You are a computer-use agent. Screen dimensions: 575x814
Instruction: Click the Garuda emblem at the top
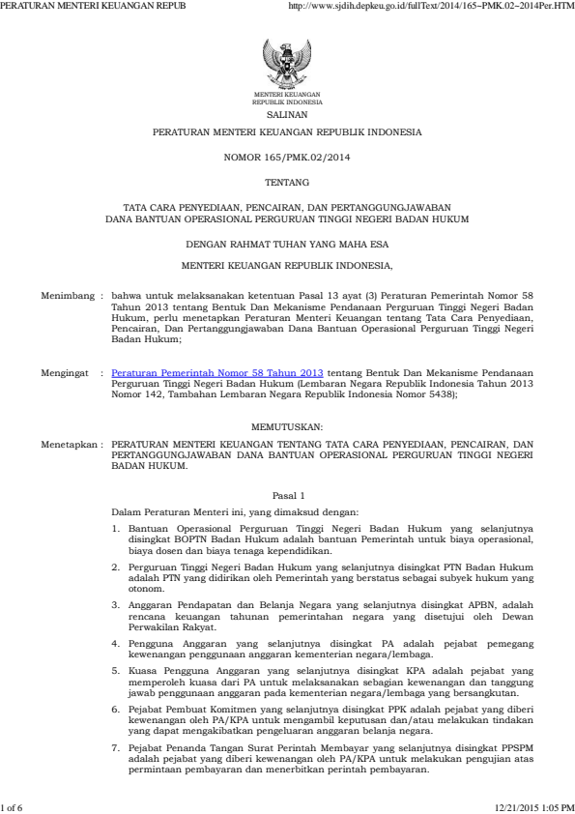(x=287, y=65)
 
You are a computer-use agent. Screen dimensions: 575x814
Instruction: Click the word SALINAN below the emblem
(x=287, y=113)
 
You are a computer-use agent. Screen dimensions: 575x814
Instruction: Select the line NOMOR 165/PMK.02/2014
(x=287, y=156)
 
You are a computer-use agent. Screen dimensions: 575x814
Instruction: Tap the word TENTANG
(x=287, y=181)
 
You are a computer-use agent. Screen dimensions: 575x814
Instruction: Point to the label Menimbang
(x=68, y=290)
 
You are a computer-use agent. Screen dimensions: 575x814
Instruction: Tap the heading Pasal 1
(x=287, y=494)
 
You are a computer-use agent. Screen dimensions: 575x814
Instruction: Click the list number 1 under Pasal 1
(x=116, y=529)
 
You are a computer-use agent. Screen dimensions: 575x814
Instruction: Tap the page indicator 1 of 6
(x=16, y=807)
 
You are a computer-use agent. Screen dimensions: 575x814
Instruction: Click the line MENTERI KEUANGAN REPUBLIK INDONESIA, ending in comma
(x=287, y=263)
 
